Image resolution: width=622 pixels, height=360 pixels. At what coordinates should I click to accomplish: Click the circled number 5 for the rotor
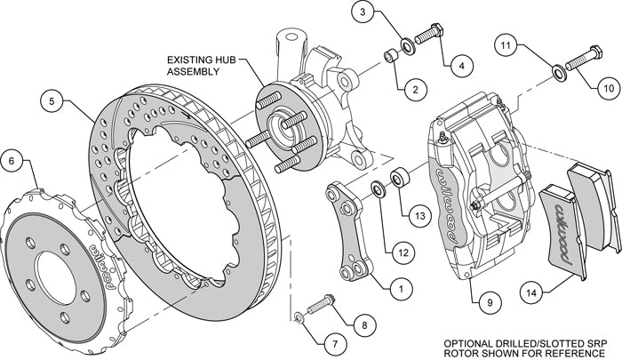click(x=52, y=101)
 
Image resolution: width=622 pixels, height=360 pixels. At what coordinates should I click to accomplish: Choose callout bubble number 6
click(x=12, y=162)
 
